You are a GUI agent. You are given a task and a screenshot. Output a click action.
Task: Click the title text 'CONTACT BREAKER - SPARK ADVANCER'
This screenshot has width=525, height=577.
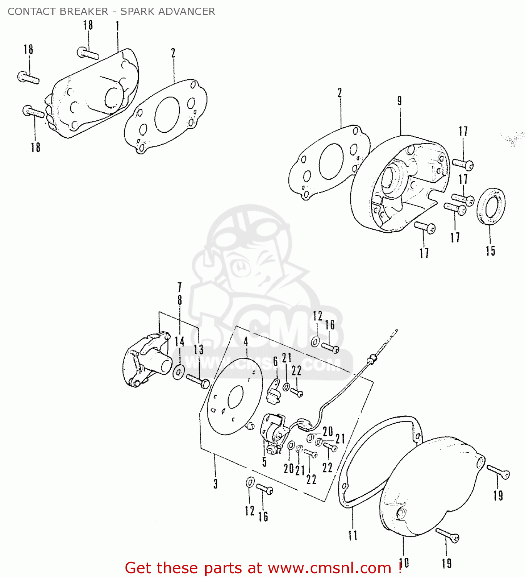pyautogui.click(x=111, y=12)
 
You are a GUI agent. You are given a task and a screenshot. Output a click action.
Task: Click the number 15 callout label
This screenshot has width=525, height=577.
pyautogui.click(x=490, y=251)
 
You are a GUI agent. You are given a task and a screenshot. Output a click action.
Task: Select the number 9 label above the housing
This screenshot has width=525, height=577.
pyautogui.click(x=400, y=101)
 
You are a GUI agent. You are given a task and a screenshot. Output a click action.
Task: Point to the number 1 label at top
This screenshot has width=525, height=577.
pyautogui.click(x=117, y=26)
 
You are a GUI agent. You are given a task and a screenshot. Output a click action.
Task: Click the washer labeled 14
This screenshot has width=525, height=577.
pyautogui.click(x=179, y=372)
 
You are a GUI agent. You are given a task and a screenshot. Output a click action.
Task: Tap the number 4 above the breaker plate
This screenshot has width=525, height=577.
pyautogui.click(x=246, y=342)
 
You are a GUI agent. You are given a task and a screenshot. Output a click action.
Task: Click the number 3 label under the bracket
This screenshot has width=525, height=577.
pyautogui.click(x=216, y=484)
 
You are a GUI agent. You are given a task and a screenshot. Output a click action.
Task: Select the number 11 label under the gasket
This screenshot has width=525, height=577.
pyautogui.click(x=353, y=535)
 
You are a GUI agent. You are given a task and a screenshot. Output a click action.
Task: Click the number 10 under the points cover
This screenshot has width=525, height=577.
pyautogui.click(x=404, y=563)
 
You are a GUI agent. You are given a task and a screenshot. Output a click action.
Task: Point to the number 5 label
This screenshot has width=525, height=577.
pyautogui.click(x=264, y=462)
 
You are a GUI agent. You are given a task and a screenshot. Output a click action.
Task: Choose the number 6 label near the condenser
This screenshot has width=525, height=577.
pyautogui.click(x=276, y=361)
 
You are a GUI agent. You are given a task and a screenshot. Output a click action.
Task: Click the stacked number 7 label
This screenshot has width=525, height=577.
pyautogui.click(x=179, y=287)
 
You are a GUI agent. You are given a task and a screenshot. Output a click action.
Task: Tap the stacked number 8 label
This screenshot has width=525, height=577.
pyautogui.click(x=180, y=300)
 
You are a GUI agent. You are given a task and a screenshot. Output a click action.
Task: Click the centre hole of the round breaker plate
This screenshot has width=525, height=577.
pyautogui.click(x=236, y=397)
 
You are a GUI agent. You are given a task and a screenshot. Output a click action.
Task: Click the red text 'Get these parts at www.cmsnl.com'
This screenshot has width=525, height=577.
pyautogui.click(x=263, y=568)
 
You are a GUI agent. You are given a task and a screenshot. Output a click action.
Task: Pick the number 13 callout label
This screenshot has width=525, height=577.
pyautogui.click(x=198, y=349)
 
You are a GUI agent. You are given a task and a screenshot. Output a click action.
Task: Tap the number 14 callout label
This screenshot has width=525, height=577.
pyautogui.click(x=179, y=341)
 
